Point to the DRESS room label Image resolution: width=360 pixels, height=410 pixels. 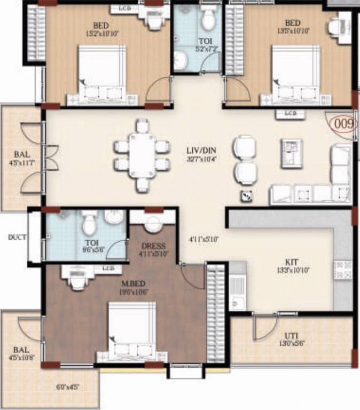(153, 246)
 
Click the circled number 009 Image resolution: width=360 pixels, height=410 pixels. (343, 124)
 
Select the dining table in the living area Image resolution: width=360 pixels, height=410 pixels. (142, 155)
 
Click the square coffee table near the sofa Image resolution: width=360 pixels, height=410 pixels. (292, 154)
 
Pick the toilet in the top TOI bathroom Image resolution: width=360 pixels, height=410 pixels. (207, 20)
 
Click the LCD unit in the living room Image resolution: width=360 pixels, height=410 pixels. (290, 114)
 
